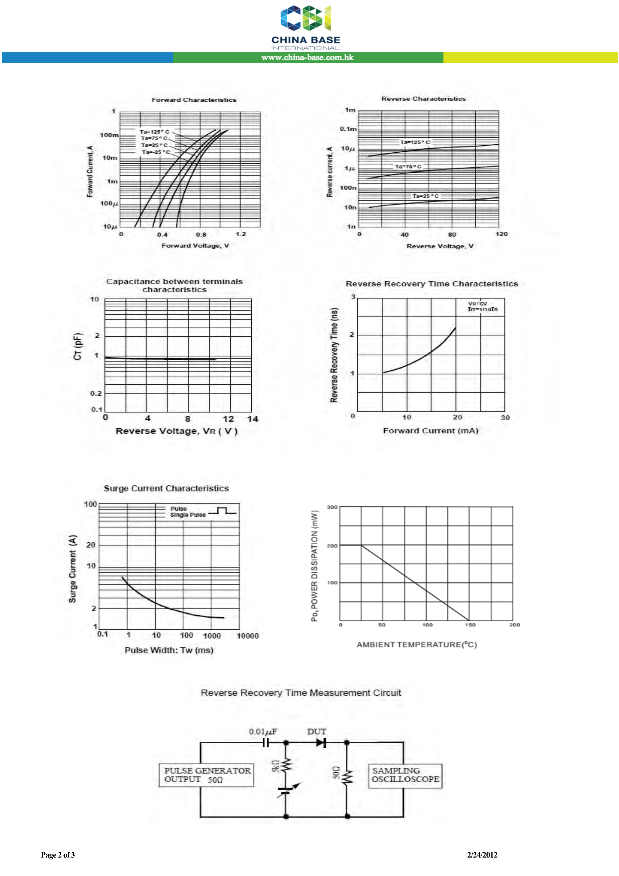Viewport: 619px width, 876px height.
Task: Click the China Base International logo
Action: tap(306, 27)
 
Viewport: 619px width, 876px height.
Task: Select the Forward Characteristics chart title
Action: tap(194, 100)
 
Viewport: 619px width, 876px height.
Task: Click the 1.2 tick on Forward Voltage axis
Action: tap(241, 234)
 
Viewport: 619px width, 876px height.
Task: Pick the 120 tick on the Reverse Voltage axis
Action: tap(501, 234)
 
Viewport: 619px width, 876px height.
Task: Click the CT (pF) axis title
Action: tap(78, 346)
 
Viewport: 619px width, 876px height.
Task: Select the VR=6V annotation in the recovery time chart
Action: tap(477, 304)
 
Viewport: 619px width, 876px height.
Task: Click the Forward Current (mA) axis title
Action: tap(431, 431)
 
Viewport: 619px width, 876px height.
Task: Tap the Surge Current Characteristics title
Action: tap(166, 488)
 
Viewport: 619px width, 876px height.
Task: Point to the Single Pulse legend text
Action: tap(188, 515)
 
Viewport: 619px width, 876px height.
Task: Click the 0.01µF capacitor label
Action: tap(263, 731)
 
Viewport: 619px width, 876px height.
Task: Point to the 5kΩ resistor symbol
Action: tap(287, 765)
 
